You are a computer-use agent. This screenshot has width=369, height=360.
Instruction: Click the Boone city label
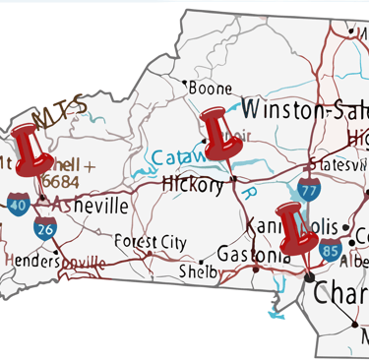click(210, 89)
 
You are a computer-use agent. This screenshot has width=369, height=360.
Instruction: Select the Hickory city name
click(192, 185)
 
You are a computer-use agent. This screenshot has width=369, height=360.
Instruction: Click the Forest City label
click(150, 241)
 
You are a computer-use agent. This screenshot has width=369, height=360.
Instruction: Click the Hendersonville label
click(54, 262)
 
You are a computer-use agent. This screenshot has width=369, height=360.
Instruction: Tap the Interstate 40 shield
click(19, 206)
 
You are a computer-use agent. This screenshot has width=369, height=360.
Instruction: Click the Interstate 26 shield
click(44, 230)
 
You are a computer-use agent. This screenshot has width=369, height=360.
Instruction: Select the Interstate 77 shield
click(309, 190)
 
